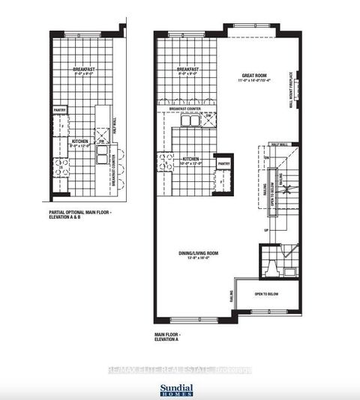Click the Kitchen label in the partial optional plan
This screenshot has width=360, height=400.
click(x=81, y=142)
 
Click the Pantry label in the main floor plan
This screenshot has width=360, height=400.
click(x=223, y=163)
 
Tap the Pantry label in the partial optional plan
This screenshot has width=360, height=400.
click(x=60, y=110)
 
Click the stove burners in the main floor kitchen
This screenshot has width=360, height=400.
click(x=164, y=162)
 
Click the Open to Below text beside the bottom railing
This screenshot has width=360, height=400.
click(x=265, y=293)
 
